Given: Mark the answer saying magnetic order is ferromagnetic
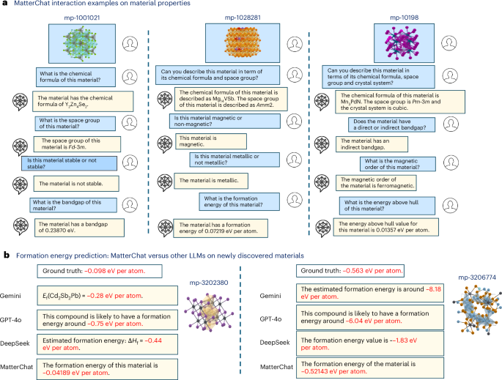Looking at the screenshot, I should tap(396, 182).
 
